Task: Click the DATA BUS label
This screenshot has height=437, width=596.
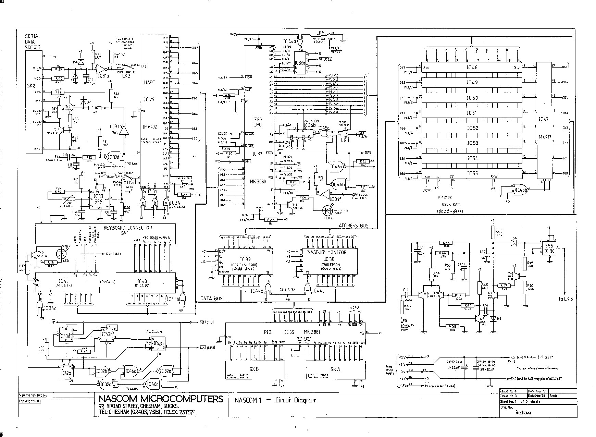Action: point(211,299)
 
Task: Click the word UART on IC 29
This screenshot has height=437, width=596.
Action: point(150,83)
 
